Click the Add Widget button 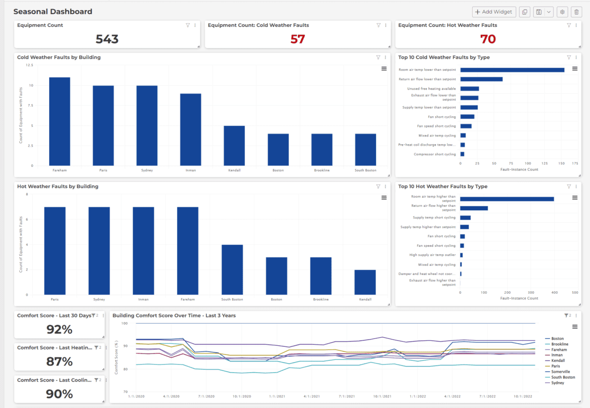[x=493, y=12]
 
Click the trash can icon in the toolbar [x=577, y=12]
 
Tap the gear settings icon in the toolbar [x=562, y=12]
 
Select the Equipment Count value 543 [x=107, y=39]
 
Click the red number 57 [x=298, y=39]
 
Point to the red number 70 [x=488, y=39]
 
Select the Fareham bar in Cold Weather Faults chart [x=60, y=121]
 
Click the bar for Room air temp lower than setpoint [x=512, y=70]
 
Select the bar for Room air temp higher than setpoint [x=507, y=199]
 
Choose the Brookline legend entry [x=560, y=344]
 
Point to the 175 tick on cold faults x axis [x=575, y=164]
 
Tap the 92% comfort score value [x=60, y=330]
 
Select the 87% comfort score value [x=60, y=361]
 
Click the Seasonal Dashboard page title [x=53, y=11]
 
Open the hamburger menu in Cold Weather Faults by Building [x=384, y=69]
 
